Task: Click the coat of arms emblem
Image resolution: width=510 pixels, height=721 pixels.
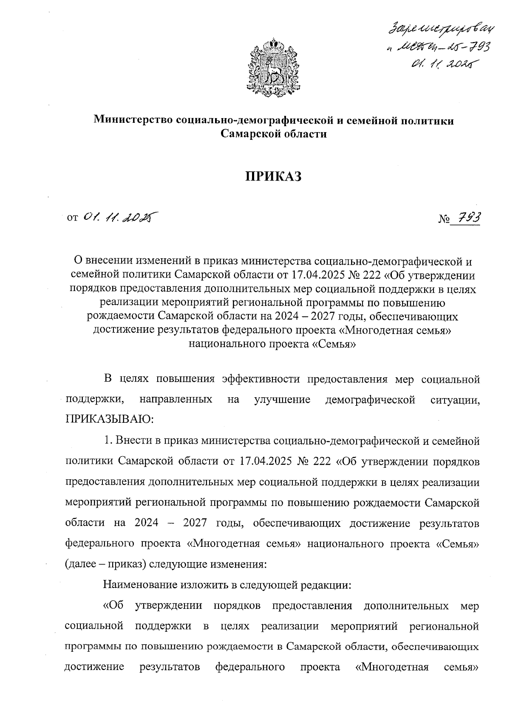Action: pos(274,68)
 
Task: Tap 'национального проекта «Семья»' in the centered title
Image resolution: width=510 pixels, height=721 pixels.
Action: pos(272,344)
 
